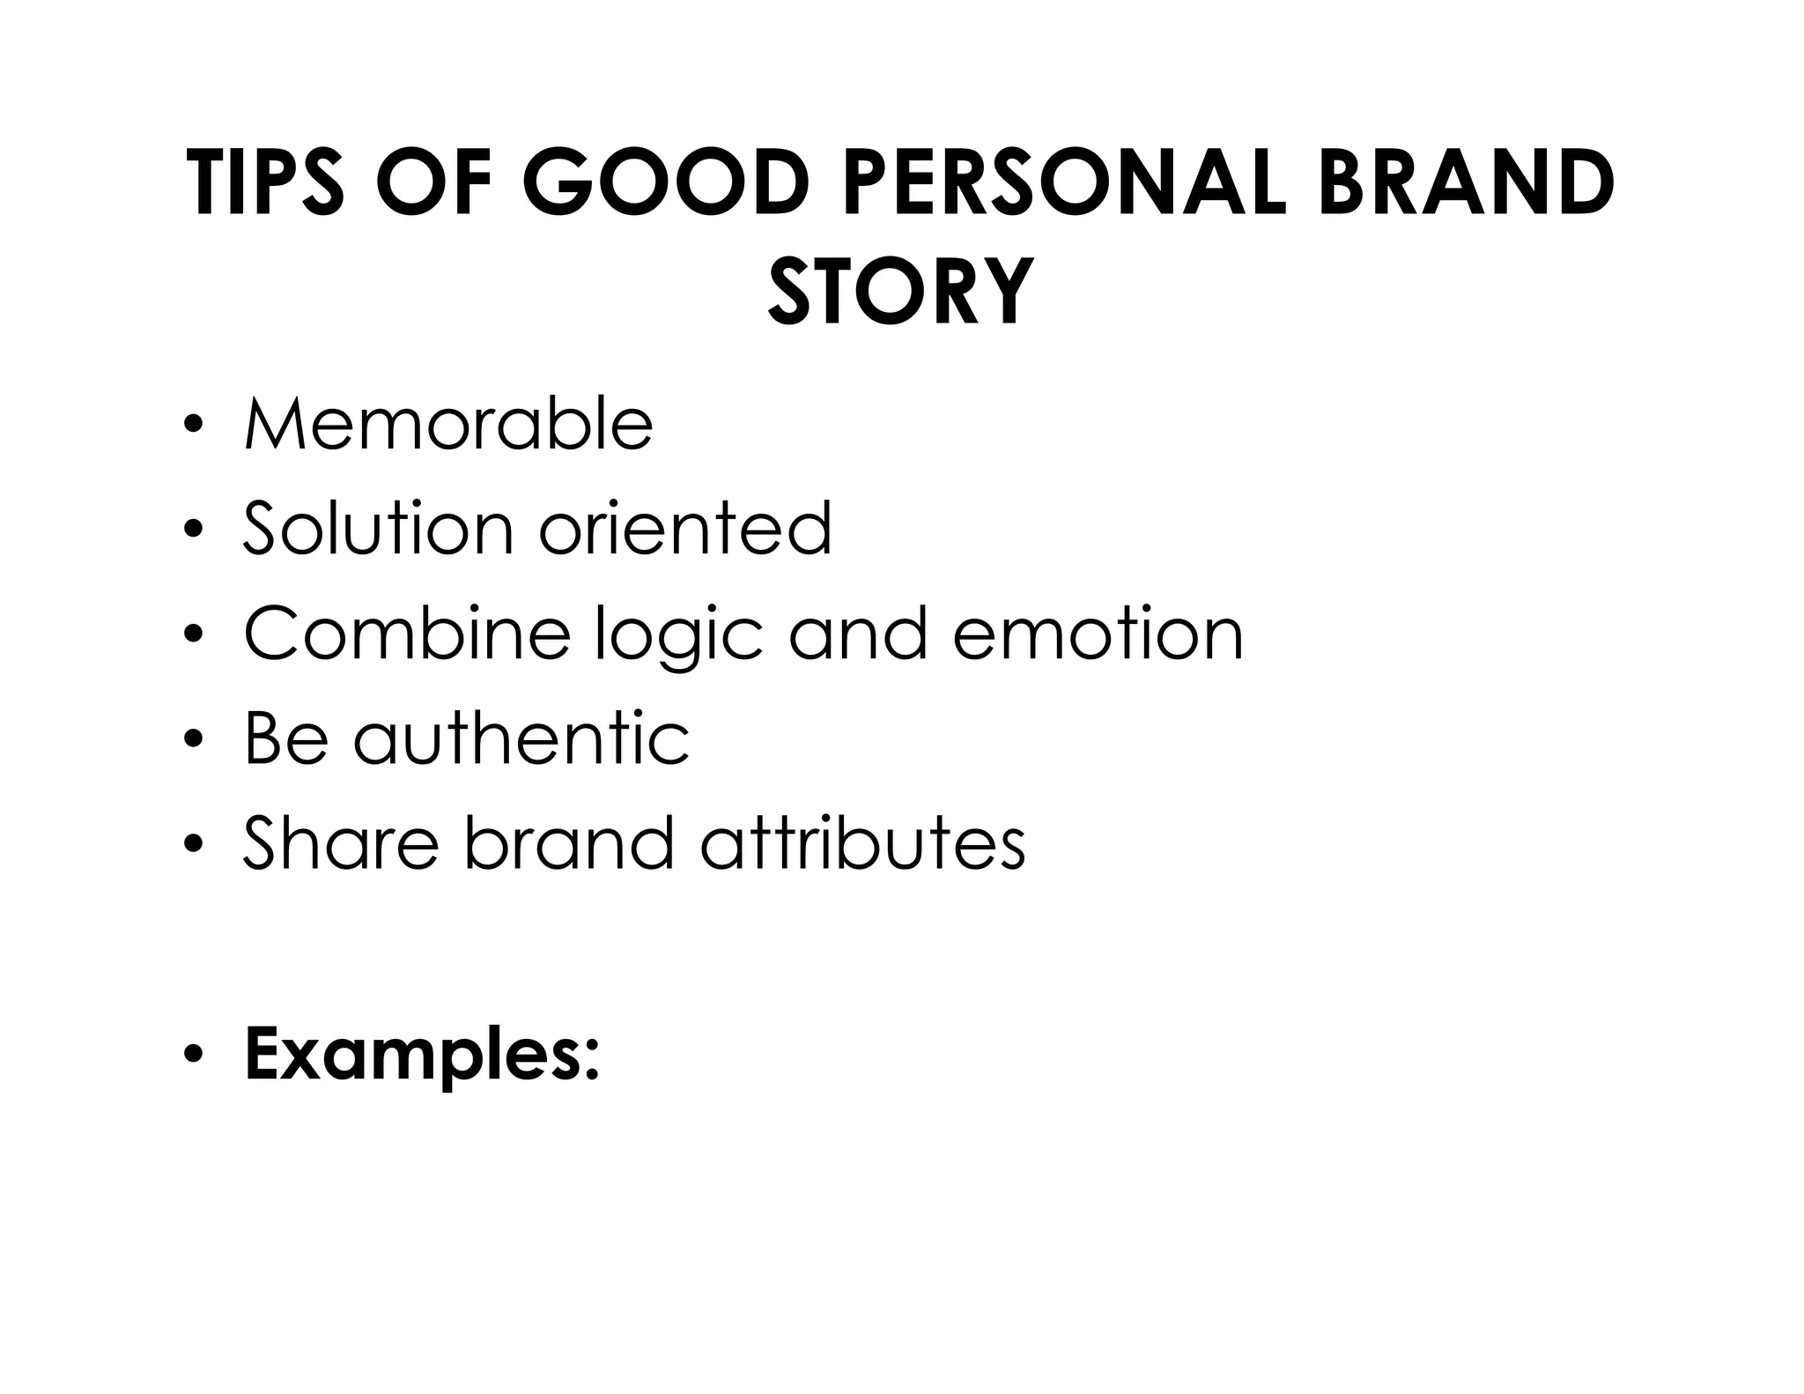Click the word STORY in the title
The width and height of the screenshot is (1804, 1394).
tap(900, 290)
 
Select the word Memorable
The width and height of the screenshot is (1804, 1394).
tap(448, 425)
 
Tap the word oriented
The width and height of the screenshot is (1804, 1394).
tap(685, 529)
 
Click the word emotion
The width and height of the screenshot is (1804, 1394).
tap(1098, 634)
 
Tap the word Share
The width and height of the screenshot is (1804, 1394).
tap(341, 843)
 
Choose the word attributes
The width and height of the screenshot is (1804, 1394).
tap(863, 843)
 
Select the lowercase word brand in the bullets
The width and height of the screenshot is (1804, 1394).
tap(568, 843)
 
